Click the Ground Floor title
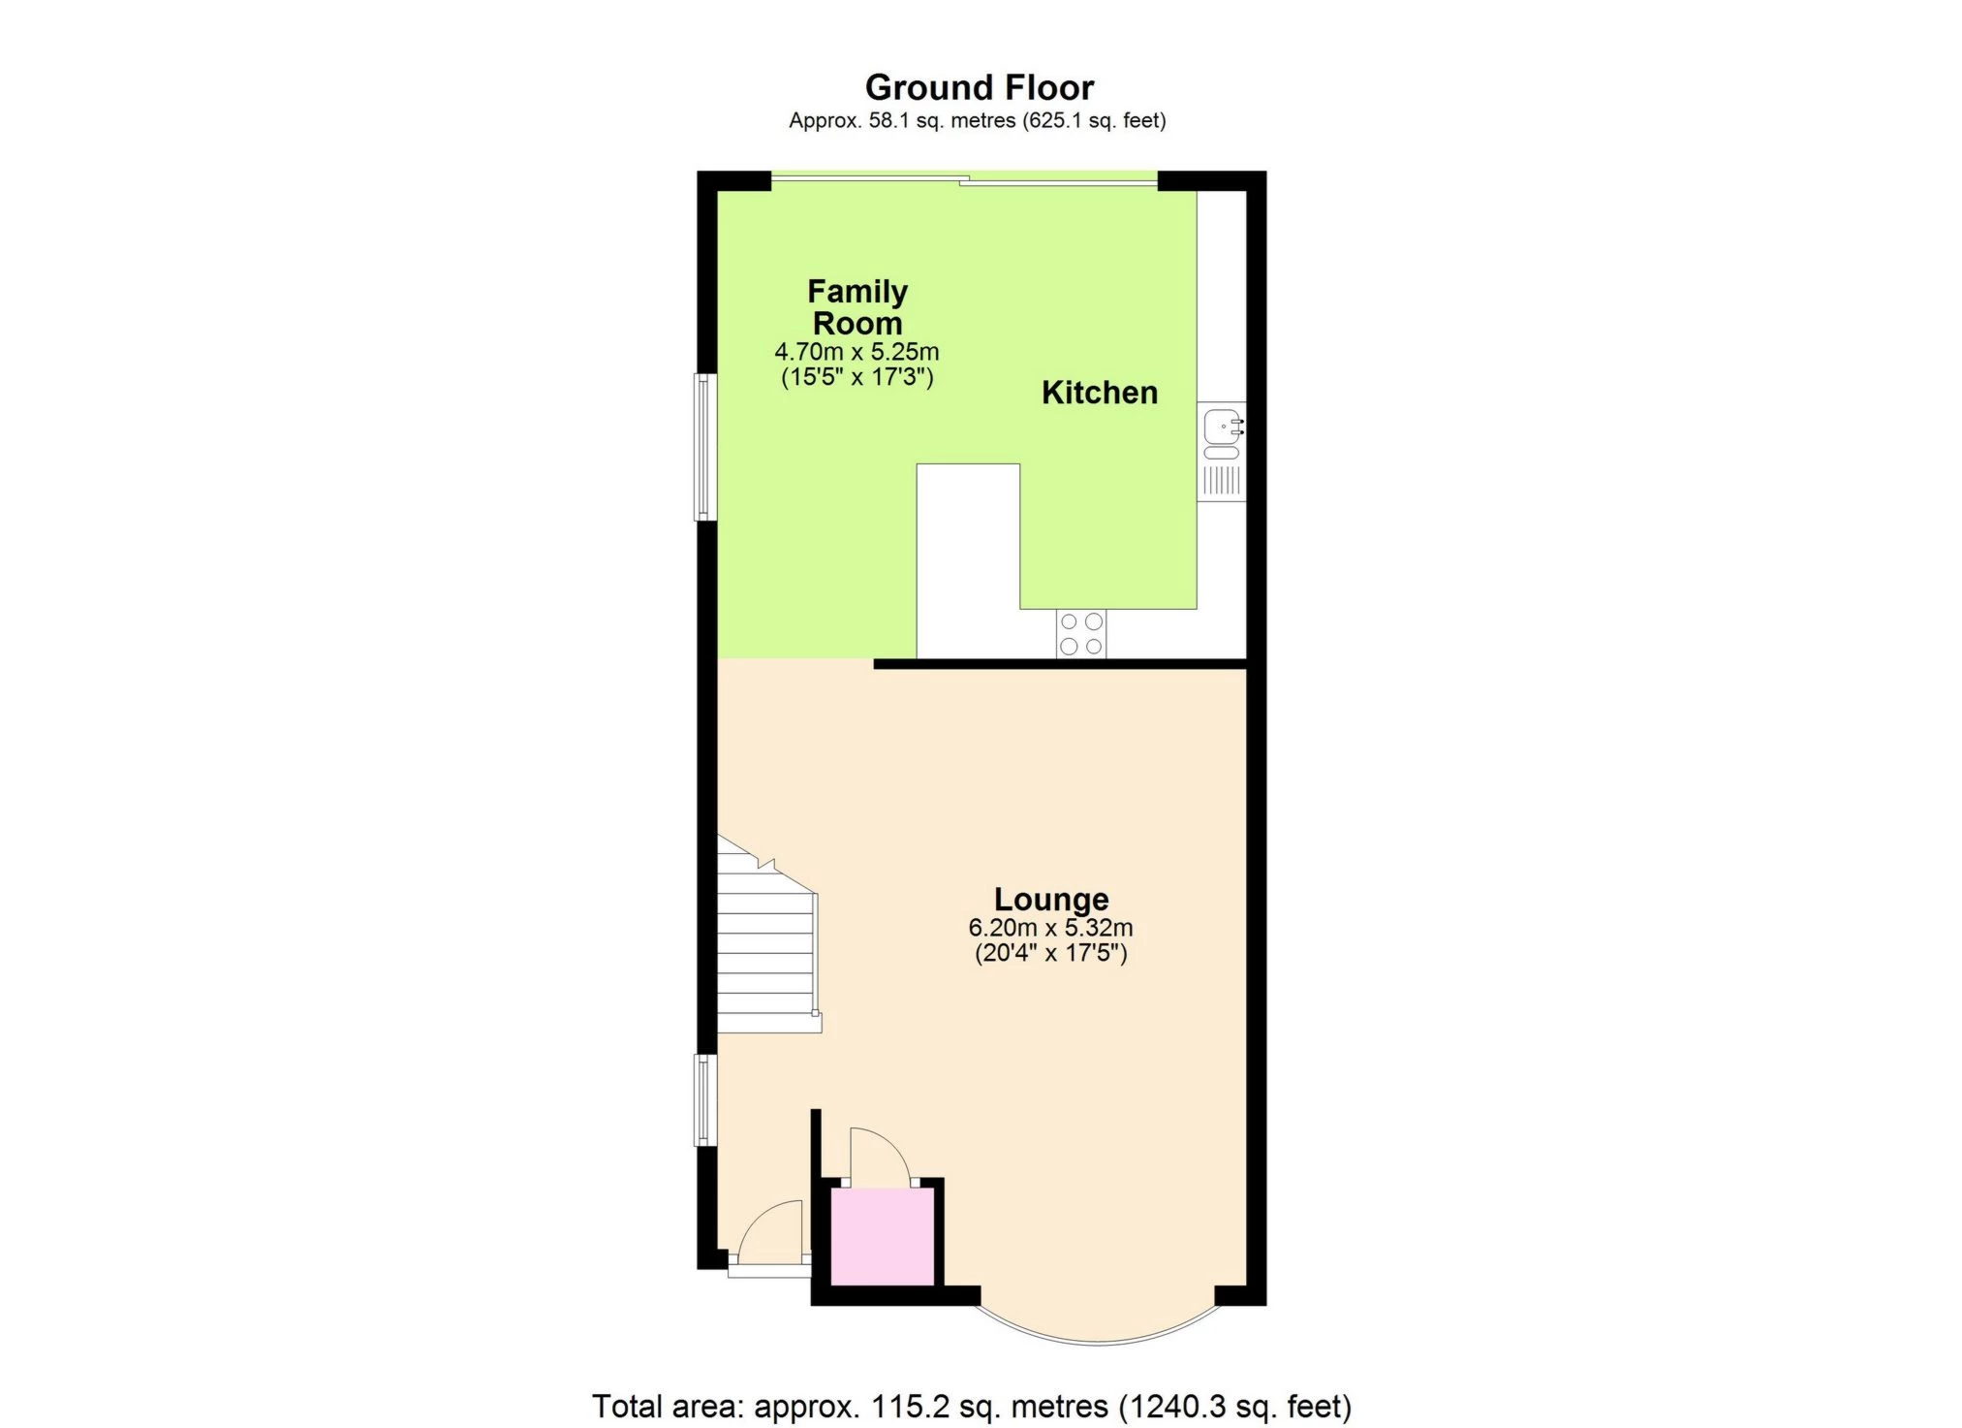979,87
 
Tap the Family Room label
856,306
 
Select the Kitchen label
1099,393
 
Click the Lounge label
1050,900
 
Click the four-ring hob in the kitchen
1080,634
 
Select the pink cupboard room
883,1236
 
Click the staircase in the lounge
765,950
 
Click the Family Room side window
705,447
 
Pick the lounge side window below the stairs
705,1100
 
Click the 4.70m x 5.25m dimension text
856,352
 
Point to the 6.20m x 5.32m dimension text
1050,928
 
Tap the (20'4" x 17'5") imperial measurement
1050,953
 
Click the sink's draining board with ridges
1221,481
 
